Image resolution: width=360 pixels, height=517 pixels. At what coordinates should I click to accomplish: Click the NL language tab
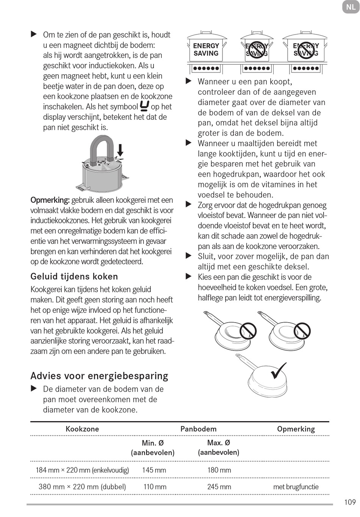tap(351, 7)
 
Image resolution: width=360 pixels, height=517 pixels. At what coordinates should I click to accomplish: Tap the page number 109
tap(350, 502)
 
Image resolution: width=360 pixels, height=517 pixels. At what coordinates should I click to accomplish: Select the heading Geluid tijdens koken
tap(74, 276)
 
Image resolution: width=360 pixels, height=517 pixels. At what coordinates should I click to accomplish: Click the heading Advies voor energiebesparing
tap(99, 376)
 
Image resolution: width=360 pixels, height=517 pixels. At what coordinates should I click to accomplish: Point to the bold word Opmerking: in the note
tap(50, 200)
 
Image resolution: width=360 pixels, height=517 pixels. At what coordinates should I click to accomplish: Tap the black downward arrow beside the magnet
tap(120, 150)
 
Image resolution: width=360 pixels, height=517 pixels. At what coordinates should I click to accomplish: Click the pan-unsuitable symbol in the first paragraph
tap(144, 106)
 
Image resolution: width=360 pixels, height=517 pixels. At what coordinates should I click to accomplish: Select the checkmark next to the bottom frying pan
tap(279, 370)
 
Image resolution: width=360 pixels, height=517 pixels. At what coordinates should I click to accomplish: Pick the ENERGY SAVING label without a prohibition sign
tap(206, 50)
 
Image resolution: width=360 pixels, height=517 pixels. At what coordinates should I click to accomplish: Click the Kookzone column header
tap(82, 429)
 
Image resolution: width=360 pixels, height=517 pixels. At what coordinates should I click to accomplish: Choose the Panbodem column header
tap(199, 429)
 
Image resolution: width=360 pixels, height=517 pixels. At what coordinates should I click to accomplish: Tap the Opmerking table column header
tap(296, 429)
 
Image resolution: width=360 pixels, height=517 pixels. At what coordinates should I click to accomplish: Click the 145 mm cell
tap(154, 470)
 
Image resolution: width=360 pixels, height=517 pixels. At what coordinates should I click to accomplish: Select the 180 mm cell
tap(219, 470)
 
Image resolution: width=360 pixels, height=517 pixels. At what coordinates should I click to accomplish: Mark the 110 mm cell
tap(155, 487)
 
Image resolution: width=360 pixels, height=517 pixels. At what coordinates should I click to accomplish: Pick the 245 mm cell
tap(219, 487)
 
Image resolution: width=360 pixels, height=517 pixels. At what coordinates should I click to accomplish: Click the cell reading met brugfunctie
tap(296, 487)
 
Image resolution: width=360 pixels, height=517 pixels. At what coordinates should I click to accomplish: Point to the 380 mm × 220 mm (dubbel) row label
tap(82, 487)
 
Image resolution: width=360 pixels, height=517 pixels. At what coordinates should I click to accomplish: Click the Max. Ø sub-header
tap(219, 443)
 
